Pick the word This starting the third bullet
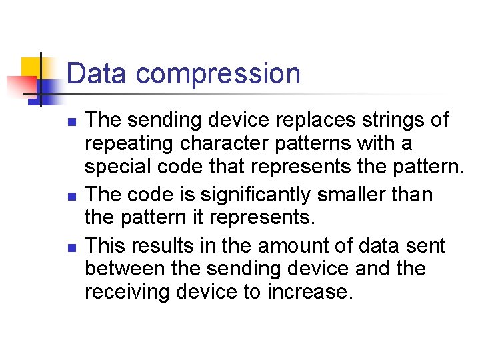tap(107, 245)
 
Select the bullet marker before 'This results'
tap(73, 248)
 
